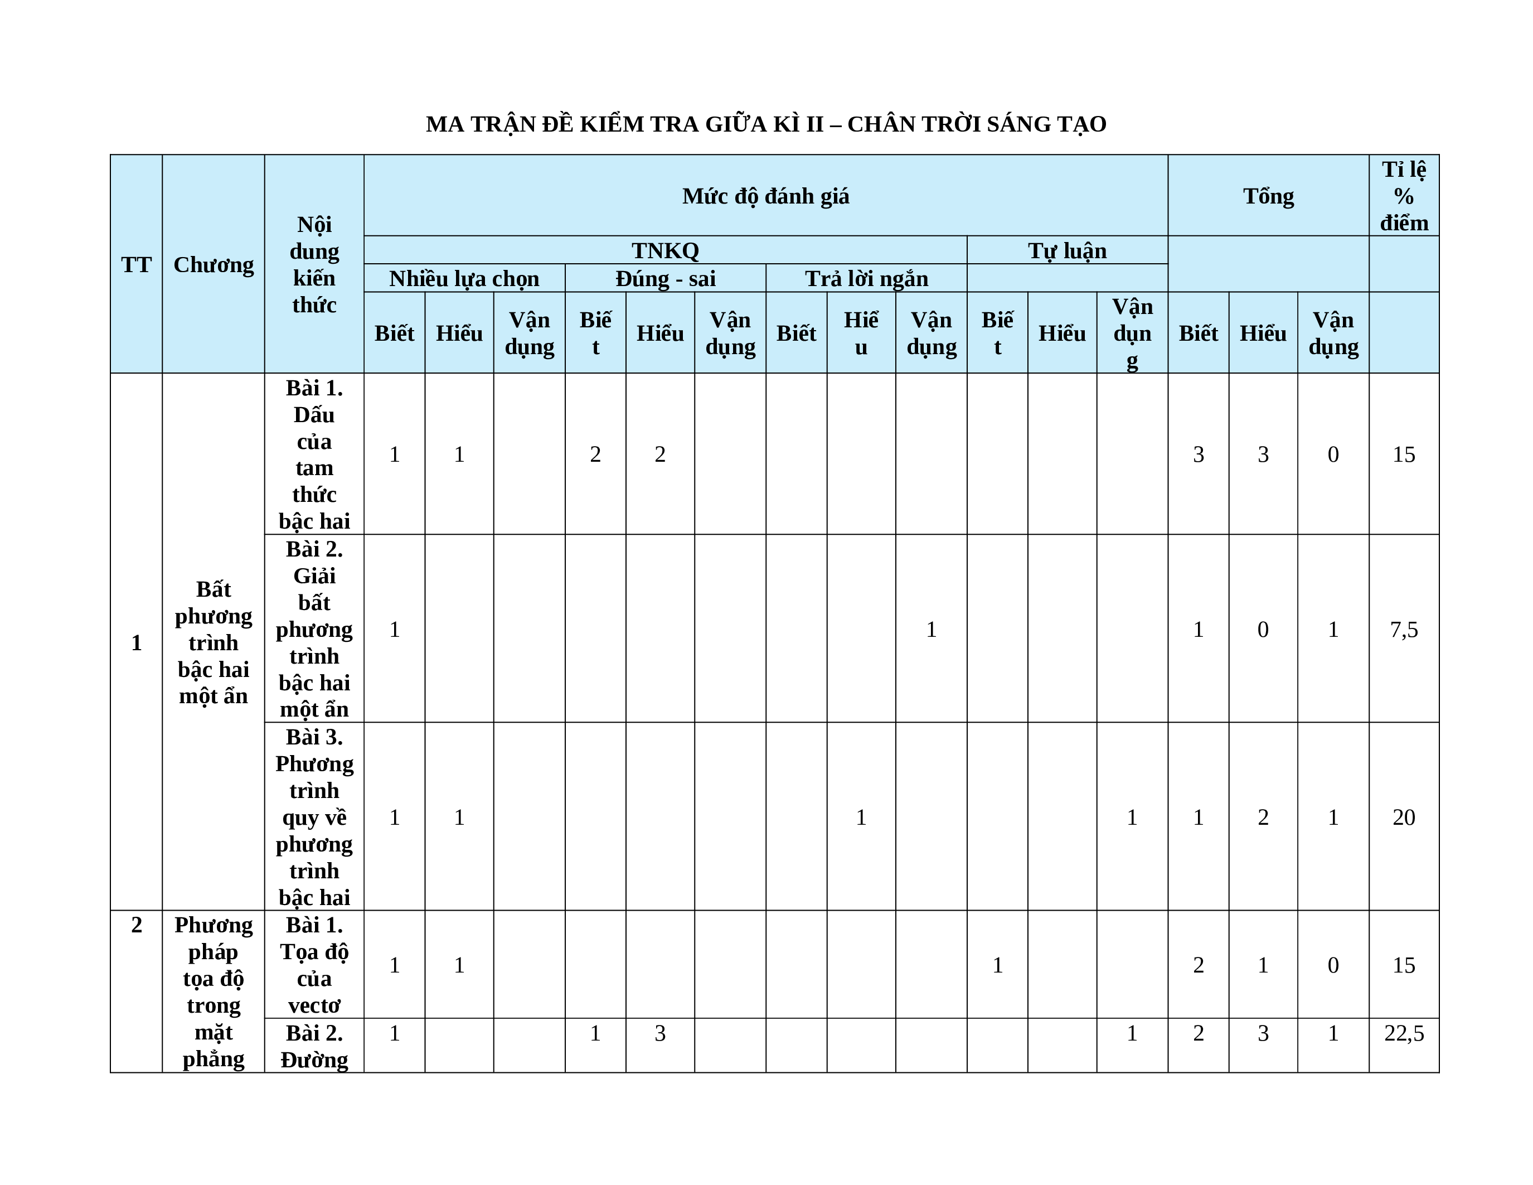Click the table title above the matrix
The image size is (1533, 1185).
click(x=766, y=124)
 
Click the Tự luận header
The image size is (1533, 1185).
click(x=1067, y=250)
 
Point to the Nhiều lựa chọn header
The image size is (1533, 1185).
click(x=464, y=279)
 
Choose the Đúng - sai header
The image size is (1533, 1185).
click(x=666, y=279)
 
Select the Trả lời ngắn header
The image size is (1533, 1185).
click(x=866, y=279)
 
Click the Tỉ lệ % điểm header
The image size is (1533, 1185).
click(x=1404, y=196)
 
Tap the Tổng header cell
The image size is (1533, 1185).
click(x=1268, y=196)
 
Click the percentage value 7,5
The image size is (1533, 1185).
click(x=1404, y=629)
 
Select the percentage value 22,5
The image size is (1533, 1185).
click(x=1404, y=1033)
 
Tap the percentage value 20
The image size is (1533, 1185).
click(x=1404, y=817)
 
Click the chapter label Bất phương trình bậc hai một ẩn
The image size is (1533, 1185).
click(x=214, y=642)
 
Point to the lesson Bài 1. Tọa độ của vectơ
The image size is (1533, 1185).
click(x=314, y=965)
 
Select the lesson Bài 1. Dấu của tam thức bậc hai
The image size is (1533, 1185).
click(x=314, y=454)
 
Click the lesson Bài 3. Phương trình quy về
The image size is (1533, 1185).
click(x=314, y=817)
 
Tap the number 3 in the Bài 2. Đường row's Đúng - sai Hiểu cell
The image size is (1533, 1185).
click(x=660, y=1033)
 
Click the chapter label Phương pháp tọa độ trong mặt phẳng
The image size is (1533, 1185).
click(x=214, y=991)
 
